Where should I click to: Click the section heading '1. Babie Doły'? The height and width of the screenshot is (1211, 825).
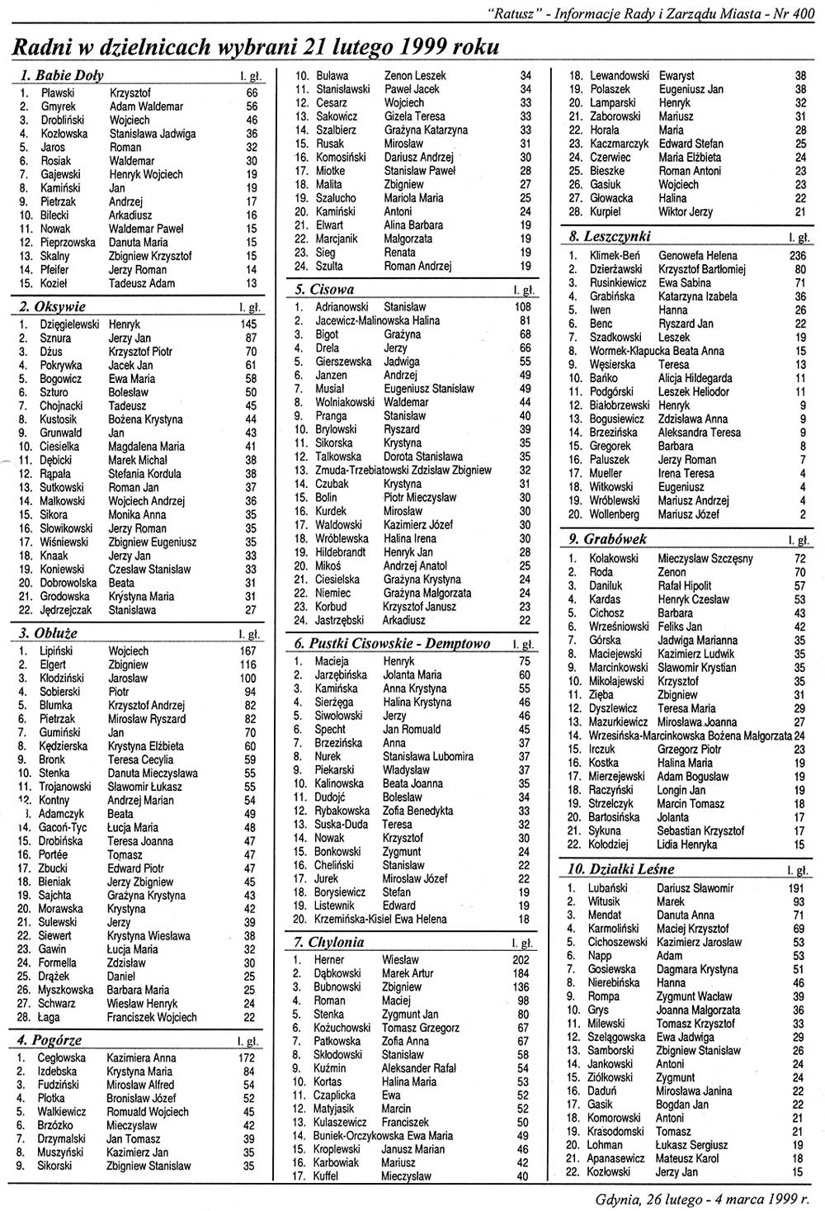(x=62, y=76)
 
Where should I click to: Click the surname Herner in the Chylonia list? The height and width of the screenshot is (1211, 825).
(x=329, y=960)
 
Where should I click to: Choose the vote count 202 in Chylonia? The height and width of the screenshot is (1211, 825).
(x=521, y=960)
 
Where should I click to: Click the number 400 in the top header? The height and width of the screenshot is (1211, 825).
(x=808, y=12)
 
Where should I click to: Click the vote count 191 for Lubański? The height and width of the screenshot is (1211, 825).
(x=796, y=888)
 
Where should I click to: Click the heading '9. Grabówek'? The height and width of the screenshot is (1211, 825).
(x=607, y=539)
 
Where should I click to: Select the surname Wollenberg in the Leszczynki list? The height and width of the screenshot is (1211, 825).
(x=614, y=514)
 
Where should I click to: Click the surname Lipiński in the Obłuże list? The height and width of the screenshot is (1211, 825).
(x=57, y=651)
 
